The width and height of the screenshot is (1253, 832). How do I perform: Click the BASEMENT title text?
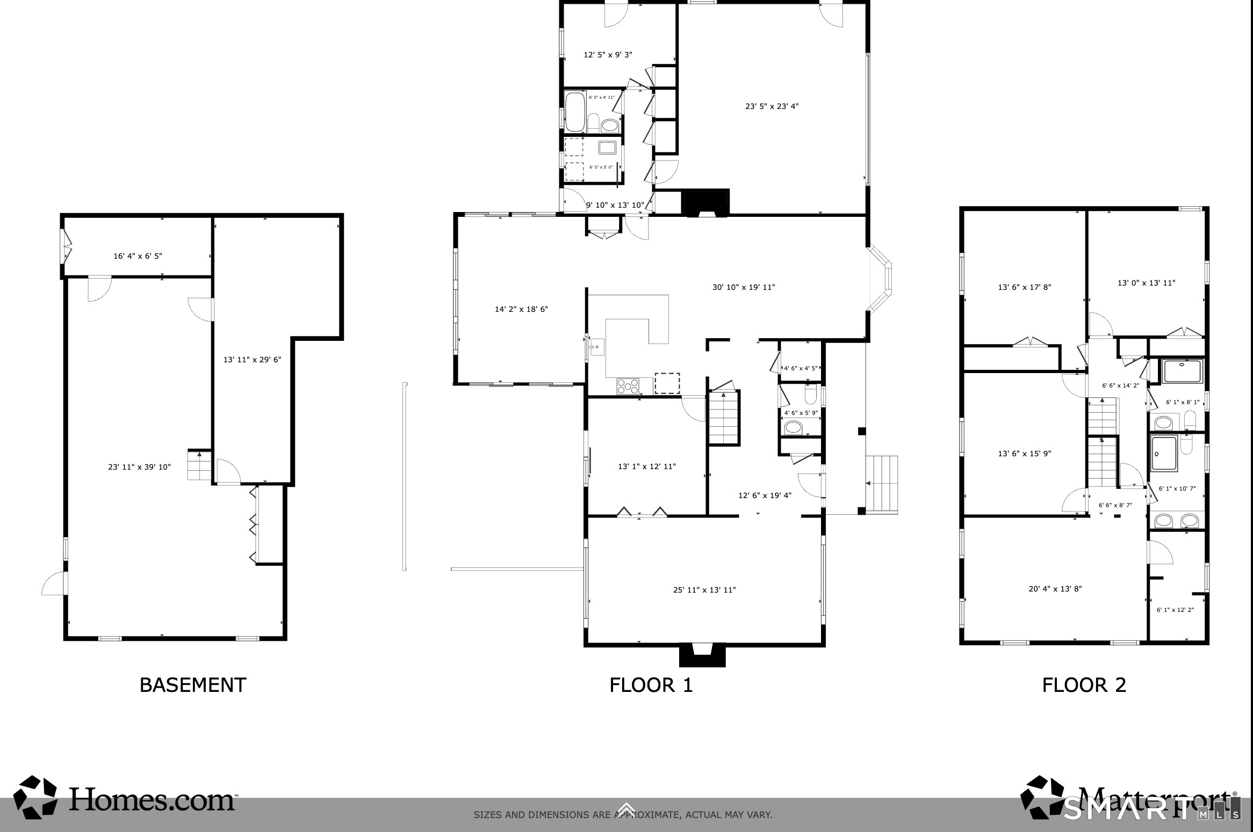(193, 685)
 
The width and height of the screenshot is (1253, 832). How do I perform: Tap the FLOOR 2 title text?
(1084, 685)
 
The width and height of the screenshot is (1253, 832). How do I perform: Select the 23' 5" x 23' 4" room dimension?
(772, 106)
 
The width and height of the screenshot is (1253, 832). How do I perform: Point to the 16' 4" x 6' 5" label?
(138, 256)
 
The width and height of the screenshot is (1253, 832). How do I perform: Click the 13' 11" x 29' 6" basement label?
(252, 360)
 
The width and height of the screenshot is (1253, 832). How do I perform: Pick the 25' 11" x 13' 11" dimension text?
(704, 590)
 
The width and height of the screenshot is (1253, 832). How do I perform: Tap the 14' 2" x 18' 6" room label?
(521, 309)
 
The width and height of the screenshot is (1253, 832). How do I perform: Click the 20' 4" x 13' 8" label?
(1055, 589)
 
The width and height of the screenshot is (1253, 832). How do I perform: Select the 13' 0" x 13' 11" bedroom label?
(1146, 283)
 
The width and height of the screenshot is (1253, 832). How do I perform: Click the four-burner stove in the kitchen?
(628, 386)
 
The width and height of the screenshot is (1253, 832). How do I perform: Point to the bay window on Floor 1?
(881, 279)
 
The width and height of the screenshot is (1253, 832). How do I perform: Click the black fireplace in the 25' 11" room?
(703, 655)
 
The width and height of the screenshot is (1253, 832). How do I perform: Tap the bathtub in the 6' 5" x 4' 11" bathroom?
(574, 112)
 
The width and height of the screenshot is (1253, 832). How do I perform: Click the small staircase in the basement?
(199, 465)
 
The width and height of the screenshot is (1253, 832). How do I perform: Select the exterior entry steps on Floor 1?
(882, 485)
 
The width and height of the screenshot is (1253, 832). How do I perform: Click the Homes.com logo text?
(152, 800)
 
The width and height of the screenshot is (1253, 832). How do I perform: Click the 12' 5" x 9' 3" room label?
(608, 55)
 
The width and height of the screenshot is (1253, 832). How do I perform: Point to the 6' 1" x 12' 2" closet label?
(1175, 610)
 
